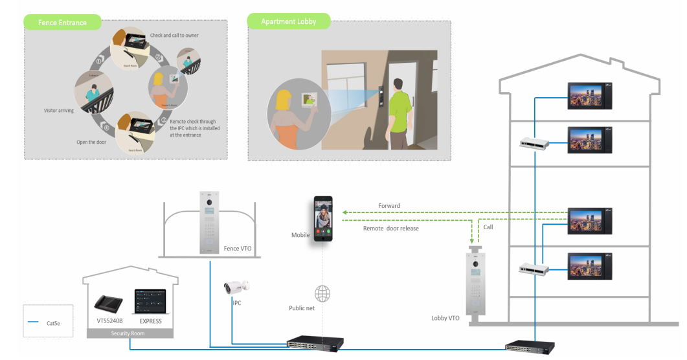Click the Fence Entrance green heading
click(x=63, y=23)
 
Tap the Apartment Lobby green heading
click(x=289, y=21)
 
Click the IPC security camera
click(x=236, y=287)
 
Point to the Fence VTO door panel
click(x=211, y=223)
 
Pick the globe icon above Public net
click(x=322, y=292)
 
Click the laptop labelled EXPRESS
click(x=150, y=301)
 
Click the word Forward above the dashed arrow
click(x=389, y=206)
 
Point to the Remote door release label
click(x=391, y=228)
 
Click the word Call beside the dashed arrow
click(x=489, y=227)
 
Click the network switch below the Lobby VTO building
click(x=526, y=345)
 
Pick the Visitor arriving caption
click(x=58, y=111)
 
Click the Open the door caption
click(x=91, y=142)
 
